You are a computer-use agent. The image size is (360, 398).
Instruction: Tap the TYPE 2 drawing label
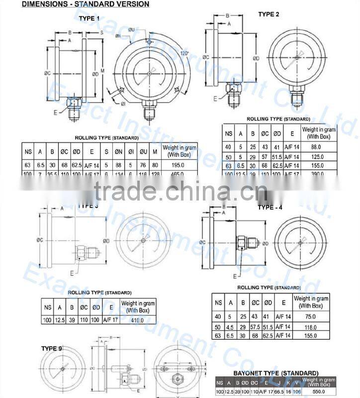coord(269,14)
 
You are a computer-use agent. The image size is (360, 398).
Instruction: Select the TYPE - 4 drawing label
coord(270,207)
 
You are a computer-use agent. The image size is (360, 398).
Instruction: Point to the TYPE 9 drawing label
coord(52,349)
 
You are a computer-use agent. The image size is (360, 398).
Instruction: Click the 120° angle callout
coord(184,53)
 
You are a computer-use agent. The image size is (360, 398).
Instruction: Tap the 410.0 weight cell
coord(138,320)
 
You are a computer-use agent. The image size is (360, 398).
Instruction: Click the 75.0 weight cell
coord(311,317)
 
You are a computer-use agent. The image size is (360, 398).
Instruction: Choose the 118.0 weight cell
coord(311,326)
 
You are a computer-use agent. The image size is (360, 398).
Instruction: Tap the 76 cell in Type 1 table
coord(143,165)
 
